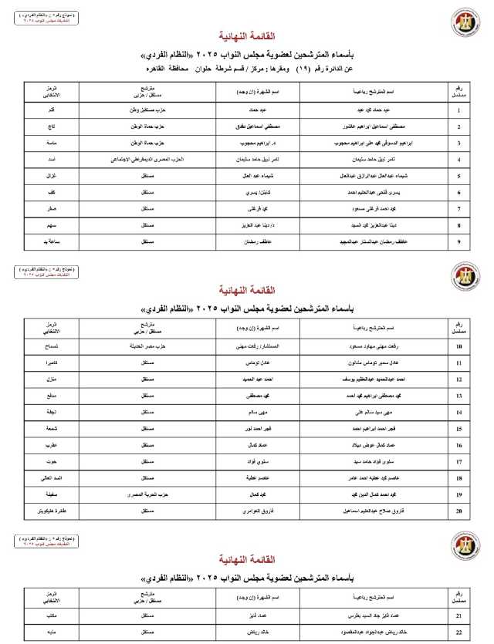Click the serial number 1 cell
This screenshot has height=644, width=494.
click(459, 110)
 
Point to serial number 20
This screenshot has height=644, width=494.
click(459, 511)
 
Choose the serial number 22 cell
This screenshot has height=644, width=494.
click(459, 633)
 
